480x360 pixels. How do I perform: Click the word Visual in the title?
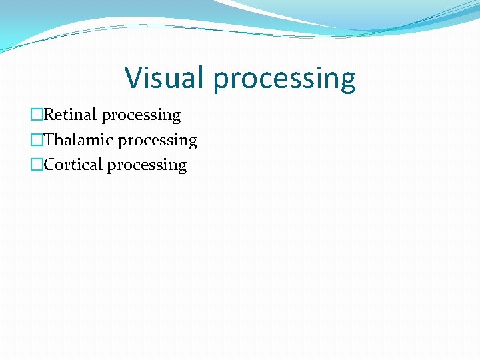click(x=165, y=77)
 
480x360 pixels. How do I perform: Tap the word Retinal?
click(x=70, y=115)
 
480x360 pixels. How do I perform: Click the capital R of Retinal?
click(x=49, y=115)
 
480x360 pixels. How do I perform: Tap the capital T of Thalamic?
click(x=49, y=140)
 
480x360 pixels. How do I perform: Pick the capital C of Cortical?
click(x=49, y=165)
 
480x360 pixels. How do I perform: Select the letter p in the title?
click(x=221, y=81)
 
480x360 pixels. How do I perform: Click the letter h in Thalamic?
click(x=59, y=140)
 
